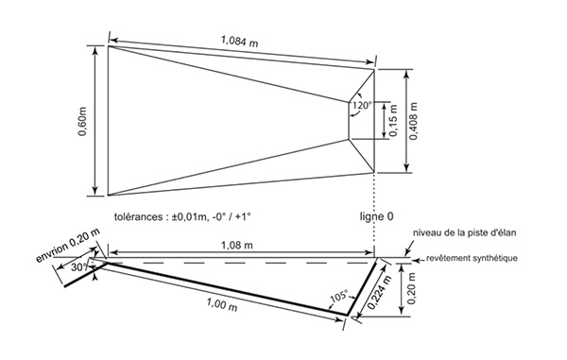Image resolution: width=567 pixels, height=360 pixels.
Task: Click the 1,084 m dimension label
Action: coord(240,41)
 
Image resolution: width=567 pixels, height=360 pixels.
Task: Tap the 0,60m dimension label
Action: coord(83,121)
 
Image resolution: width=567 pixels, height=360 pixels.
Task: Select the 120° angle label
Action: coord(362,106)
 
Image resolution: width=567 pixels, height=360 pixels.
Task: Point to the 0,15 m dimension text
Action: coord(393,120)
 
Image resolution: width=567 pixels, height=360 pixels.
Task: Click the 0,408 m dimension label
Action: coord(415,121)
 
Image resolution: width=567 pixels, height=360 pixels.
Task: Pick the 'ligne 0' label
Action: coord(376,216)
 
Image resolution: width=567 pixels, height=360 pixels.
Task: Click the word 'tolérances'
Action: coord(138,217)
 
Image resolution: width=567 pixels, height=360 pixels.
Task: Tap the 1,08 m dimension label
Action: coord(237,245)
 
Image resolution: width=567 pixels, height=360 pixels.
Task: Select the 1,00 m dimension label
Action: coord(222,304)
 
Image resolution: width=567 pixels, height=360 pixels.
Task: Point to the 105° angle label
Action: coord(339,296)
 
